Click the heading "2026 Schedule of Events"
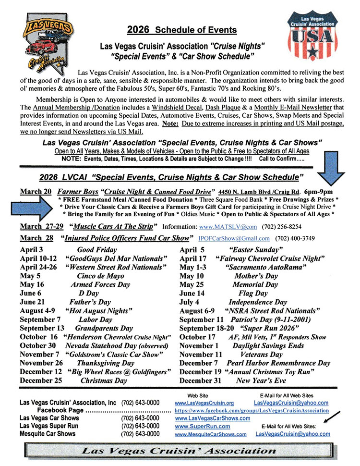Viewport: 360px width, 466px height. pos(182,30)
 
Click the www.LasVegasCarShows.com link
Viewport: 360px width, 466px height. pos(212,418)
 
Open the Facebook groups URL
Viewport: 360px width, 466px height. pos(252,411)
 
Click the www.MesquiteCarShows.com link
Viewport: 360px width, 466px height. pos(211,434)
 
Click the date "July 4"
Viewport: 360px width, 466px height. pos(190,302)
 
